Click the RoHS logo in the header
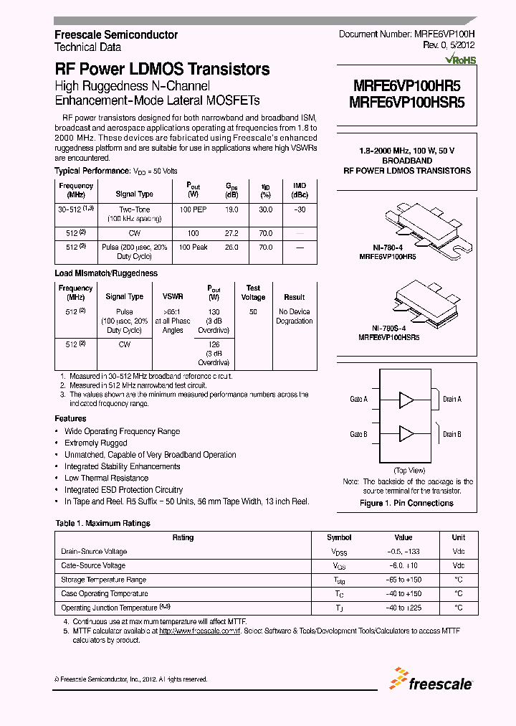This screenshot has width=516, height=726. coord(461,60)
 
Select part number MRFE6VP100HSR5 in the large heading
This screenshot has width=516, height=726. coord(406,102)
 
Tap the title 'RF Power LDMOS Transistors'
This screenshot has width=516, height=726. coord(162,70)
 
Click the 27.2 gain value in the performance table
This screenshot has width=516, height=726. coord(231,233)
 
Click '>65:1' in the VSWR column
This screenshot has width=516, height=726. coord(173,311)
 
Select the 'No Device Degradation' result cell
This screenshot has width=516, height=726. coord(294,316)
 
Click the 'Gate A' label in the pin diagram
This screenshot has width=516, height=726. coord(358,399)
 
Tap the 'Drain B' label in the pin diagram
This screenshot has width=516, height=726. coord(451,434)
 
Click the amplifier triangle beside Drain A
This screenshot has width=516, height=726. coord(406,399)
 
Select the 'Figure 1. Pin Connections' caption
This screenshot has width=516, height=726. coord(406,503)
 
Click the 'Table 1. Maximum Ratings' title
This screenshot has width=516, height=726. coord(102,523)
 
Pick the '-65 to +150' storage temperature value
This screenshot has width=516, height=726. coord(403,580)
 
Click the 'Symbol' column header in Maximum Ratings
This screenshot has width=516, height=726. coord(339,537)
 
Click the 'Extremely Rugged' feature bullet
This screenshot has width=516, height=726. coord(96,443)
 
